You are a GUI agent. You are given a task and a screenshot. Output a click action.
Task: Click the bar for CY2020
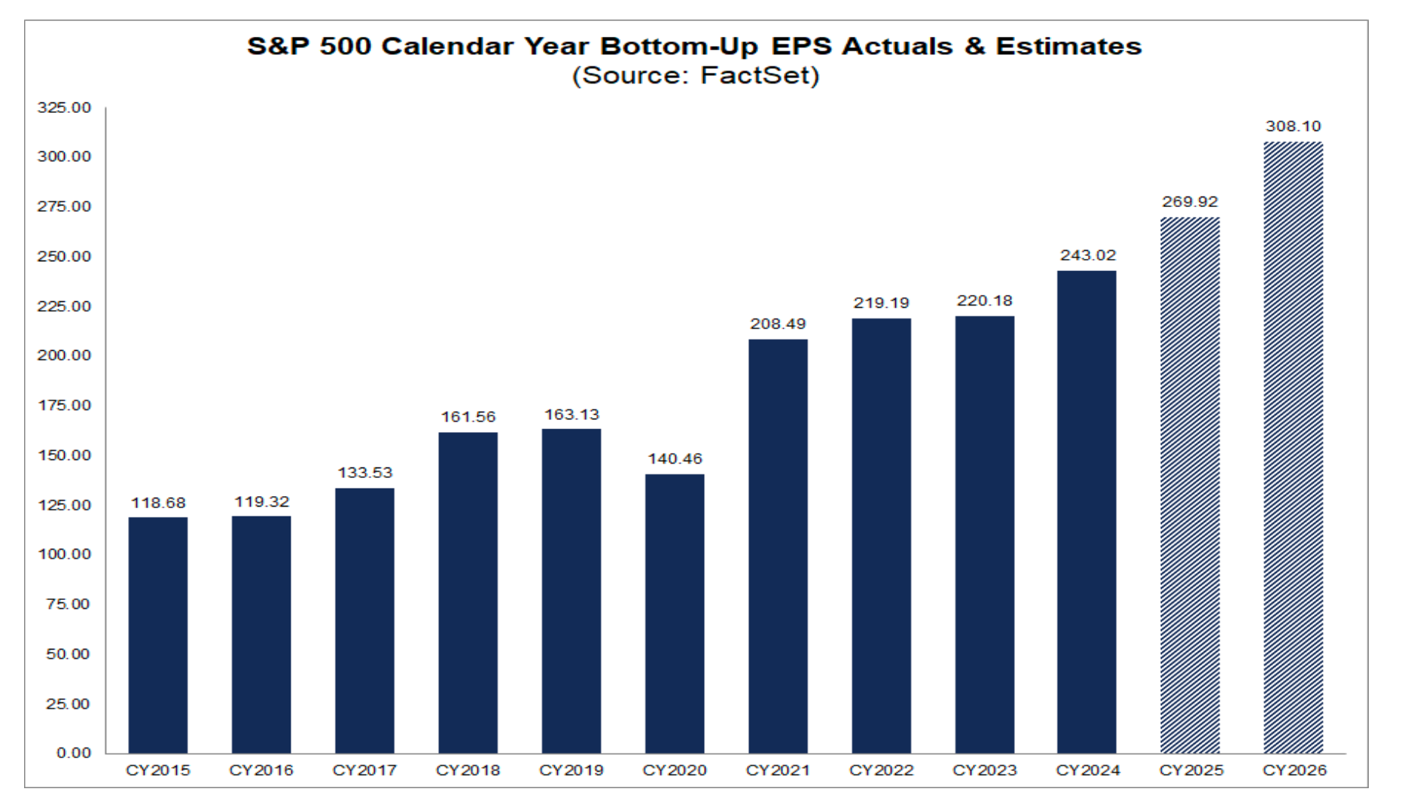pos(675,614)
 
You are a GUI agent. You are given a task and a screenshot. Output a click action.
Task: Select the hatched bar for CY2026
pos(1293,448)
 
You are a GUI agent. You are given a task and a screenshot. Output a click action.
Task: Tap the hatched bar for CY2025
pos(1190,486)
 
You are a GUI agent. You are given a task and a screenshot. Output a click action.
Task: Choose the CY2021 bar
pos(778,546)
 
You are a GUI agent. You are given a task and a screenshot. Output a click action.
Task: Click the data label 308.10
pos(1293,126)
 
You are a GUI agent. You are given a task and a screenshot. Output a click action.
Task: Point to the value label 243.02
pos(1087,255)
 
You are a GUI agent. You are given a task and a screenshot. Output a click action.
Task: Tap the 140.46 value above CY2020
pos(675,458)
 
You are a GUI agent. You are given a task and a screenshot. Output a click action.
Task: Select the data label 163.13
pos(571,414)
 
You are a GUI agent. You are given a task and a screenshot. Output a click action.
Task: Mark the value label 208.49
pos(778,324)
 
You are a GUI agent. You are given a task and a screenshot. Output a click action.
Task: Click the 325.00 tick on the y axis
pos(64,108)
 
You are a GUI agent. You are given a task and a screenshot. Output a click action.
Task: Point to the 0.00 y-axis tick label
pos(73,753)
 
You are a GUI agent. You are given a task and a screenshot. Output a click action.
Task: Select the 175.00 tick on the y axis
pos(64,405)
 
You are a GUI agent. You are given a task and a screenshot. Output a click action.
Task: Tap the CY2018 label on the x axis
pos(468,770)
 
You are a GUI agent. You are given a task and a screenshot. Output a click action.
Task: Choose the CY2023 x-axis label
pos(984,770)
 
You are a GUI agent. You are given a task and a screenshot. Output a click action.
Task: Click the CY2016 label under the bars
pos(261,770)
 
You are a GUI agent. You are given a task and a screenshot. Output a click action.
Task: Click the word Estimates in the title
pos(1068,46)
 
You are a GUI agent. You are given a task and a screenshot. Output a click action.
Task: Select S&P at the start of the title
pos(278,46)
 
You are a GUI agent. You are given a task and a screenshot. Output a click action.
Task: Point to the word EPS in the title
pos(801,46)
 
